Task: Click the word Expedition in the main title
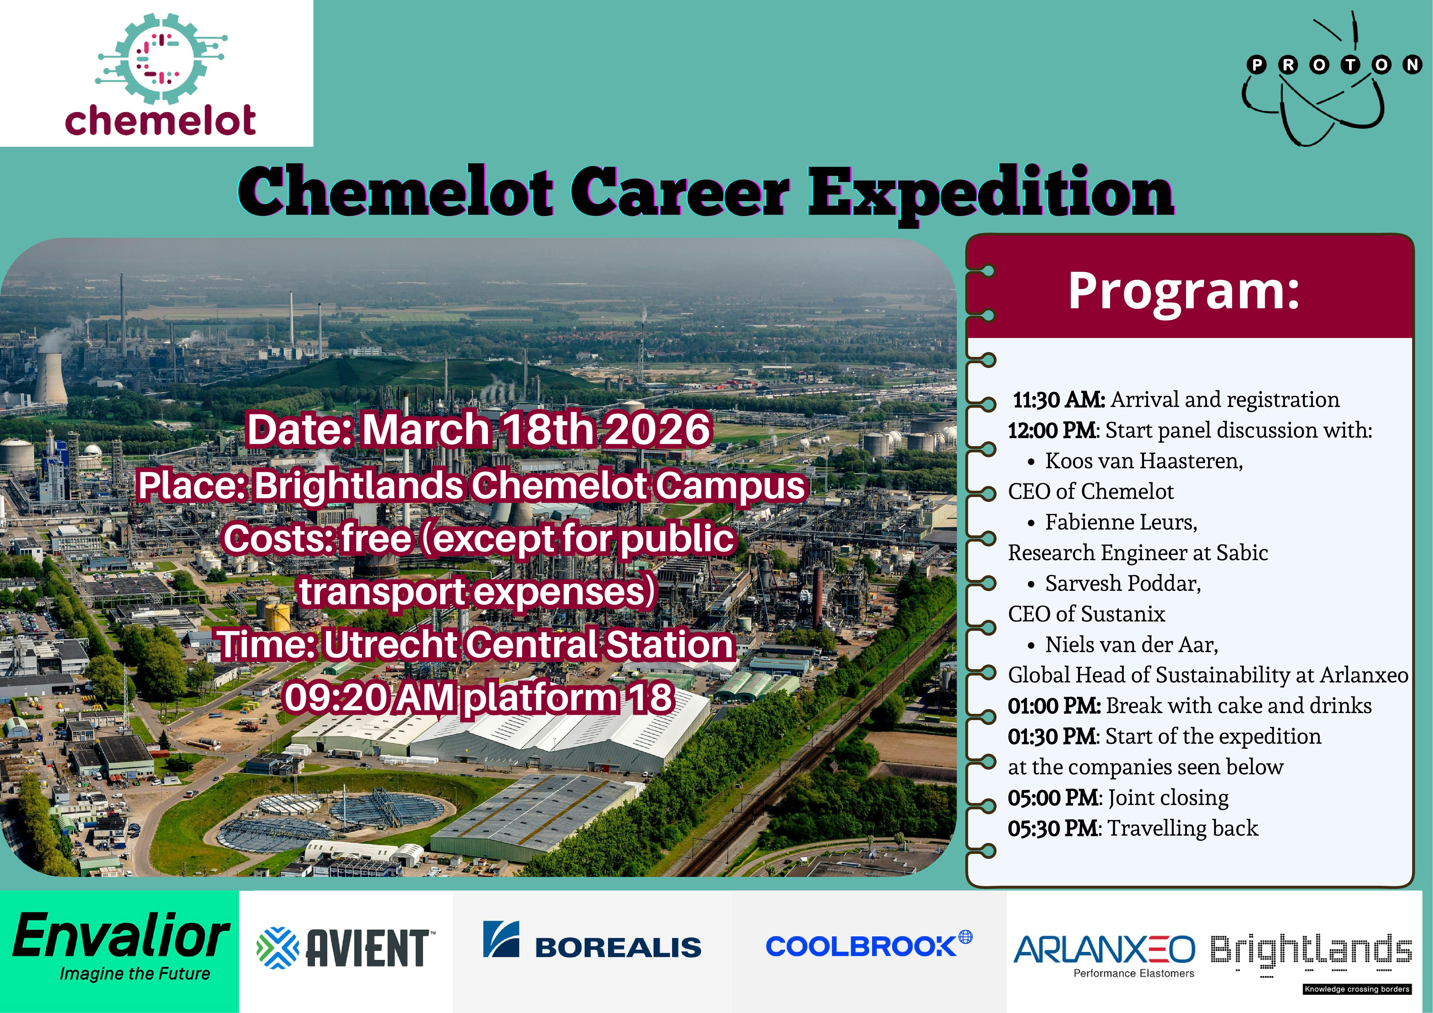[991, 192]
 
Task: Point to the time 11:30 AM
[1059, 400]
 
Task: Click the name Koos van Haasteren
[1143, 461]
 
